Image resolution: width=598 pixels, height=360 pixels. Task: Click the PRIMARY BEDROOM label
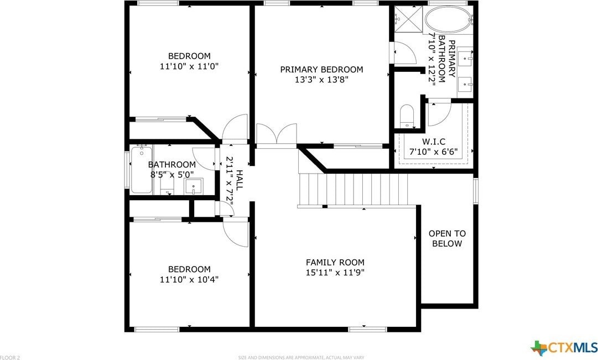tap(321, 70)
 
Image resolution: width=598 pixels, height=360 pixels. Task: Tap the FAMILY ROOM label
tap(335, 262)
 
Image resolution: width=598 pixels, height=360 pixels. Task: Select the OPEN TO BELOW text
tap(447, 238)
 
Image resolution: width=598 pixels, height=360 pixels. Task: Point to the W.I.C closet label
tap(434, 142)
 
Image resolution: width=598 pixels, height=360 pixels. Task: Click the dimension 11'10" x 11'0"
tap(189, 66)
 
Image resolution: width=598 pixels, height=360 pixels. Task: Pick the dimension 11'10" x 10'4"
tap(189, 279)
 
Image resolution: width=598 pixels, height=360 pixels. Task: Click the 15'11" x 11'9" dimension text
tap(335, 273)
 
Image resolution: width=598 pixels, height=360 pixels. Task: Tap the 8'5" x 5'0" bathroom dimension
tap(171, 175)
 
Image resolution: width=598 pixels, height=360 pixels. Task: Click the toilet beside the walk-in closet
tap(407, 116)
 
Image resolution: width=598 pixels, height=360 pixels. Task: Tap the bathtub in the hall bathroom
tap(142, 169)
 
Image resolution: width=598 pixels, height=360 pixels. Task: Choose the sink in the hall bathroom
tap(194, 186)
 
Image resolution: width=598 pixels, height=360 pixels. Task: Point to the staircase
tap(353, 190)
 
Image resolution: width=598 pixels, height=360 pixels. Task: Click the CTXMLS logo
tap(564, 348)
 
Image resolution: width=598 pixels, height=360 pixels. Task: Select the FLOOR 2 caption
tap(10, 357)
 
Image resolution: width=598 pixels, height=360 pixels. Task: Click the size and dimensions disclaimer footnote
tap(301, 357)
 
